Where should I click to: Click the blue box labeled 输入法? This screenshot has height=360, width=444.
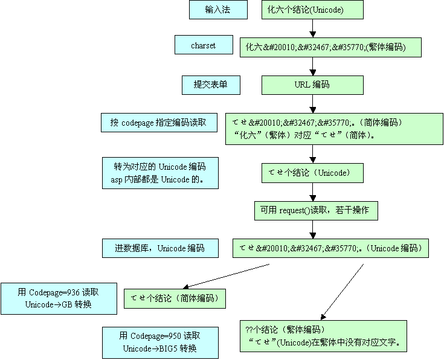(218, 10)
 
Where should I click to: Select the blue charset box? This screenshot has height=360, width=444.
(204, 45)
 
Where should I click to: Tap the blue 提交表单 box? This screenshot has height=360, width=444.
(211, 85)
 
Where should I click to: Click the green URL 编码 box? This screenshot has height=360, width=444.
(313, 85)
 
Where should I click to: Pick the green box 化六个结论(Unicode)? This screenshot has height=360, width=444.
(313, 10)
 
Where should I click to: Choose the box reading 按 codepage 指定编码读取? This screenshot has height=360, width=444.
(159, 123)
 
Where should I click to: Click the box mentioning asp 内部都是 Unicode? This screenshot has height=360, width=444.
(160, 173)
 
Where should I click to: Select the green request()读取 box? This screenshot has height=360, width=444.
(317, 211)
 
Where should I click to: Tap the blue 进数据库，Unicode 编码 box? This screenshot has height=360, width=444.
(160, 248)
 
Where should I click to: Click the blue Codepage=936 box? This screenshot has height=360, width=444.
(59, 298)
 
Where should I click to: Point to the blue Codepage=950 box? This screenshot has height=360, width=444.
(160, 342)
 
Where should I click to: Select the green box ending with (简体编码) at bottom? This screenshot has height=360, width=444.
(175, 298)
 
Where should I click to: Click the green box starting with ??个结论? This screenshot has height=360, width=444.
(323, 336)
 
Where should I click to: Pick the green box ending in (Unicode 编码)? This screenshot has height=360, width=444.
(331, 248)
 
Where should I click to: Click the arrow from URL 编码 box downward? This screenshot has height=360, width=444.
(313, 104)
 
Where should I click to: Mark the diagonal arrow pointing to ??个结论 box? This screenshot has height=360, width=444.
(342, 292)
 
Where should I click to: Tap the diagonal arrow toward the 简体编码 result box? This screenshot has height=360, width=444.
(226, 277)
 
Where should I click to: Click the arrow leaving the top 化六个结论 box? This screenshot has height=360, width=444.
(313, 28)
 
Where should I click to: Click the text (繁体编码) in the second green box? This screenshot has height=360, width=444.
(386, 47)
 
